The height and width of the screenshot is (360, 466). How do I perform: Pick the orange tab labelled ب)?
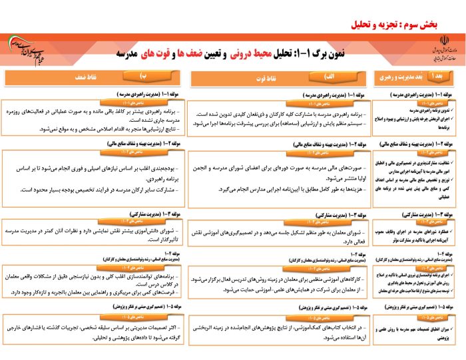coord(143,77)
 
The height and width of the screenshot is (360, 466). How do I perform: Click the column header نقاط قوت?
coord(258,78)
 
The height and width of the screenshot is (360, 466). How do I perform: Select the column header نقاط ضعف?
coord(87,78)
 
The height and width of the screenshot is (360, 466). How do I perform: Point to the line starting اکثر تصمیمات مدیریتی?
coord(100,328)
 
